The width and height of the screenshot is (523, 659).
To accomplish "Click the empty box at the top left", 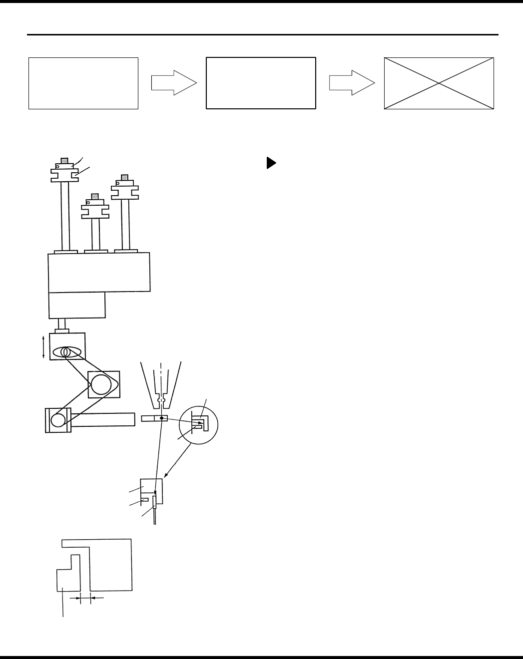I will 83,83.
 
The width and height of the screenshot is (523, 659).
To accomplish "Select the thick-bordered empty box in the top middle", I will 261,83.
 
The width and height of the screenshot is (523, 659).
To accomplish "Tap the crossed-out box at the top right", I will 439,83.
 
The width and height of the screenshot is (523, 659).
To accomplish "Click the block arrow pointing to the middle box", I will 174,82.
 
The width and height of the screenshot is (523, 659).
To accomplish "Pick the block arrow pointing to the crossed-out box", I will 352,82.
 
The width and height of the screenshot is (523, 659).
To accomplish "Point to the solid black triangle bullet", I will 270,163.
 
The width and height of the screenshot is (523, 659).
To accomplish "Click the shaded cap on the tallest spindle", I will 64,161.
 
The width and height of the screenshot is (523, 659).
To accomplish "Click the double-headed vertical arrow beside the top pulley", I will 44,347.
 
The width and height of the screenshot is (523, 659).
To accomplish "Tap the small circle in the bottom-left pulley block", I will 58,420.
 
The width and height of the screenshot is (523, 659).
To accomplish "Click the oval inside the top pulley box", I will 67,352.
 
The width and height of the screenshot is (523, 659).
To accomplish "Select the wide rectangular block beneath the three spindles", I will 99,272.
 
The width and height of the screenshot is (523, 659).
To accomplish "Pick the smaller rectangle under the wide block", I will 77,305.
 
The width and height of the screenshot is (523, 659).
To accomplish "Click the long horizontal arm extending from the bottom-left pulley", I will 105,419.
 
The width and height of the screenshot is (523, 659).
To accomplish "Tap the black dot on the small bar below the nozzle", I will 162,418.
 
